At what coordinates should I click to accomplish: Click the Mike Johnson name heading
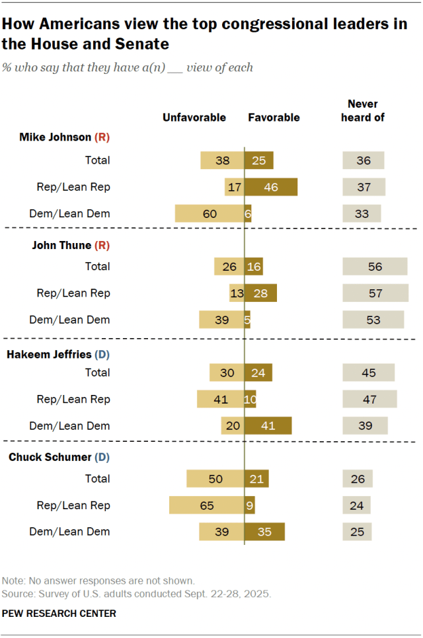click(56, 137)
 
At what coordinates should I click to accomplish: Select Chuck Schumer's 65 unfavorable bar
click(207, 505)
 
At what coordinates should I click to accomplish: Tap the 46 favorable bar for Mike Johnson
click(271, 187)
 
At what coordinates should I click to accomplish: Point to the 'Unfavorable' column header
click(194, 118)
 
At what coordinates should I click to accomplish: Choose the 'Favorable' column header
click(274, 118)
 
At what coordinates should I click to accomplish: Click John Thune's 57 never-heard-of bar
click(375, 293)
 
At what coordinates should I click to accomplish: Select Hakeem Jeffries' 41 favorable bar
click(268, 426)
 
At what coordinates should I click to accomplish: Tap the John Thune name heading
click(61, 244)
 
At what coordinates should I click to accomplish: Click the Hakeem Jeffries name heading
click(49, 354)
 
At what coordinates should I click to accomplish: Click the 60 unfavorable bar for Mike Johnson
click(210, 213)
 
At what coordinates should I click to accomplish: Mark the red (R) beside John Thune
click(102, 244)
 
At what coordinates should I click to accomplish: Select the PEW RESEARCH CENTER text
click(59, 614)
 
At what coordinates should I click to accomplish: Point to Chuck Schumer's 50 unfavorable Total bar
click(215, 478)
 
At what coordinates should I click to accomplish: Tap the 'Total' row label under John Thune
click(97, 266)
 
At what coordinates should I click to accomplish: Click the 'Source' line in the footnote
click(137, 593)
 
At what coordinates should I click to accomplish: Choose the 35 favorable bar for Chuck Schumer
click(264, 532)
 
